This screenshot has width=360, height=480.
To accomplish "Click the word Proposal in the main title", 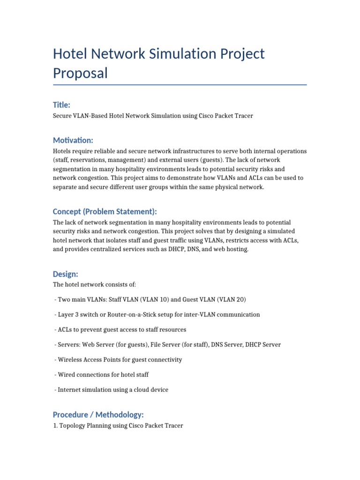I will point(80,73).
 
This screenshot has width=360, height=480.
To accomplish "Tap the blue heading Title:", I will point(61,105).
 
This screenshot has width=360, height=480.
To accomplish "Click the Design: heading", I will point(65,274).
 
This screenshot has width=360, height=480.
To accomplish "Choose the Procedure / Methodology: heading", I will point(98,414).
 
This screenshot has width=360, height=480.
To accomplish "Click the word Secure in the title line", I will point(62,116).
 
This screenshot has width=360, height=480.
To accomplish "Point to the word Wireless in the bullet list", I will point(70,360).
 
